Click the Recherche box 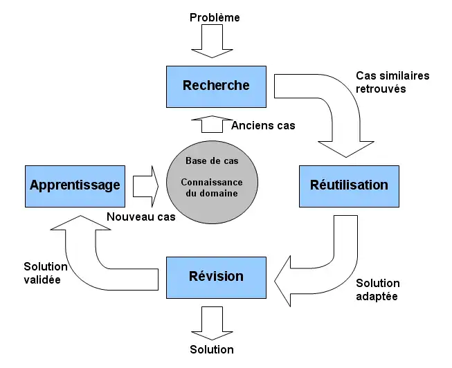coord(215,86)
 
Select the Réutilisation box coord(348,185)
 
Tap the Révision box coord(215,277)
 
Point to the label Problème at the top coord(215,17)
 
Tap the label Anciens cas coord(263,125)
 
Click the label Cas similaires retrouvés coord(392,82)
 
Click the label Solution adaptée coord(378,290)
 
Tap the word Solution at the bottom coord(212,349)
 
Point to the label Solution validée coord(45,273)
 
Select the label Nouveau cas coord(141,217)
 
